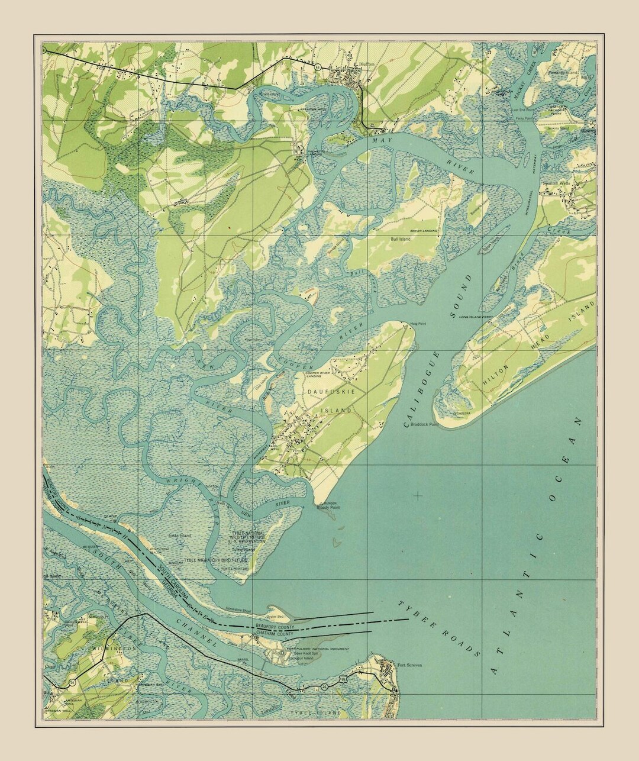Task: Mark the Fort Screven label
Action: (410, 665)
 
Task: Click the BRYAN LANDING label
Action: (424, 230)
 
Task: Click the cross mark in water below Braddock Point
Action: (418, 495)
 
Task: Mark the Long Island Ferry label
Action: (476, 318)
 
